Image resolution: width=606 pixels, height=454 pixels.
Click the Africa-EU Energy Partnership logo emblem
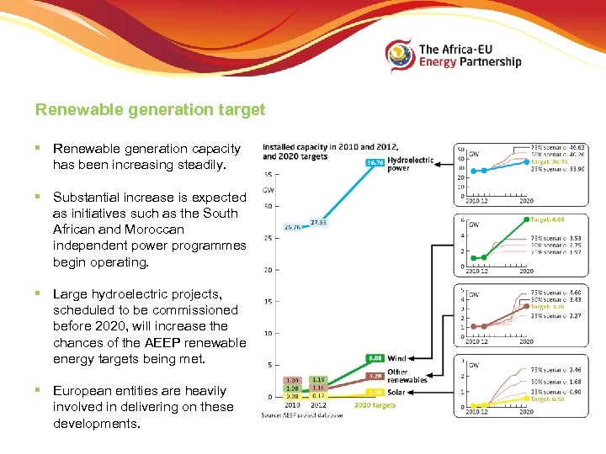click(x=401, y=55)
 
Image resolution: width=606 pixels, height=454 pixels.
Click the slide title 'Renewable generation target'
click(x=150, y=109)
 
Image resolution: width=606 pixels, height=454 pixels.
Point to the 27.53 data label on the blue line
click(x=319, y=223)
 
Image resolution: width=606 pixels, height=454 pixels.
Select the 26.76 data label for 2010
click(x=292, y=227)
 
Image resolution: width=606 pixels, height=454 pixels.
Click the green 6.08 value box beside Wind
click(x=374, y=358)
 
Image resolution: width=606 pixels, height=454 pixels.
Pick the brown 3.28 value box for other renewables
click(x=374, y=375)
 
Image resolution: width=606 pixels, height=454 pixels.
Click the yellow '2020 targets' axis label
click(x=375, y=405)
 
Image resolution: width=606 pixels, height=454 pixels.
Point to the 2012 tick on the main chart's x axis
click(x=318, y=405)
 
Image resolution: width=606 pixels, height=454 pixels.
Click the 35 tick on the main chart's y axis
click(x=268, y=174)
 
